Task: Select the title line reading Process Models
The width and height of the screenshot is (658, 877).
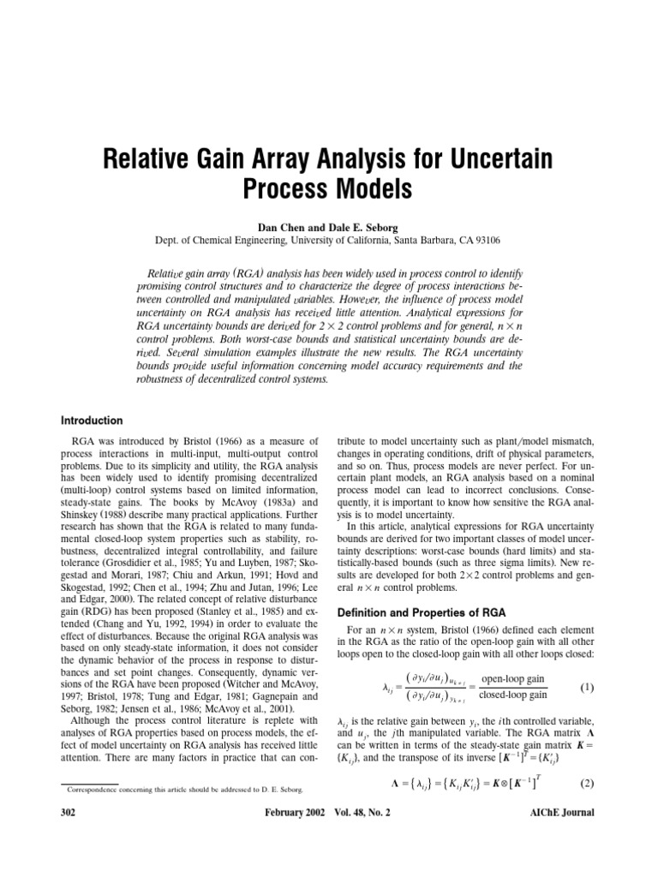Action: pos(329,188)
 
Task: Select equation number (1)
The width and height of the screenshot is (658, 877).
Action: pos(586,664)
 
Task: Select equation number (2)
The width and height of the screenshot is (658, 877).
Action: pos(586,807)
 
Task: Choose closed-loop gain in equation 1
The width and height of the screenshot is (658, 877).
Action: pos(515,673)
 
